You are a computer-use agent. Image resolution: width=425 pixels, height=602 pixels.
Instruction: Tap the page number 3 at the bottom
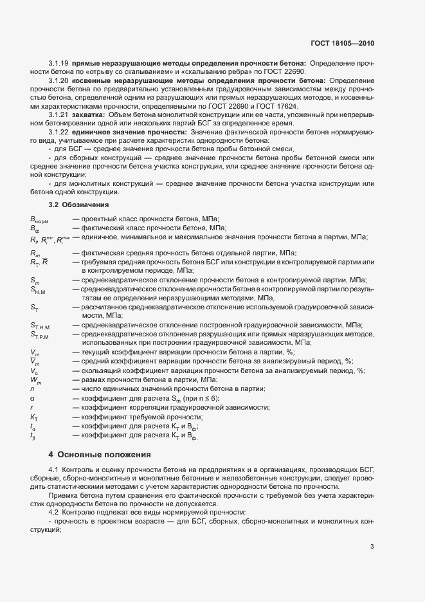coord(372,547)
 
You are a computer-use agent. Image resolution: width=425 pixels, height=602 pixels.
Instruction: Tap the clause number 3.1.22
coord(59,131)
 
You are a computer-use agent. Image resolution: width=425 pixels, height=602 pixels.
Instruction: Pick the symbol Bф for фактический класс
coord(35,229)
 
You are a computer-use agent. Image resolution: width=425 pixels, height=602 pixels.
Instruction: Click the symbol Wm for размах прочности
coord(35,379)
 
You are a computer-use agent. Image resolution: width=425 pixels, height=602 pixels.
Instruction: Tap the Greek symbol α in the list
coord(32,398)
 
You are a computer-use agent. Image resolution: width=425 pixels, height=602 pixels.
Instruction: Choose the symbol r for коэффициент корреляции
coord(32,407)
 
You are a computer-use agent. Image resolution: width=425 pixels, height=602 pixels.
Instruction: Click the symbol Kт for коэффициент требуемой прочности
coord(35,417)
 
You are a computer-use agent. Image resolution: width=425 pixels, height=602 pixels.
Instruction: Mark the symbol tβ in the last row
coord(33,436)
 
